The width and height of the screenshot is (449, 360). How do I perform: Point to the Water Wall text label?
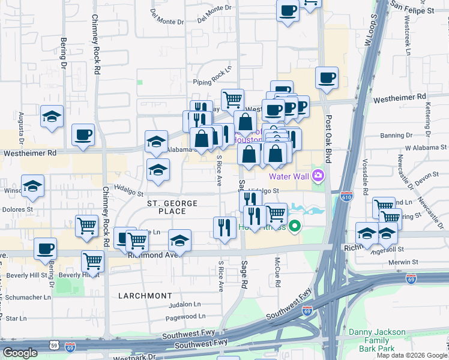click(x=289, y=176)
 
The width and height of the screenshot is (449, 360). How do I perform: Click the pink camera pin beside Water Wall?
click(x=318, y=176)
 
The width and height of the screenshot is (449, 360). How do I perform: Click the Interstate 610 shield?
click(x=346, y=196)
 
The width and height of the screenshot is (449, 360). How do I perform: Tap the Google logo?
click(x=20, y=353)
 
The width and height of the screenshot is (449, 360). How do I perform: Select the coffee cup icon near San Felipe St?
click(x=288, y=10)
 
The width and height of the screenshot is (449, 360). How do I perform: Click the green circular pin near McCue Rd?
click(x=294, y=227)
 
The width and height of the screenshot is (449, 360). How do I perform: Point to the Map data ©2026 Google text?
click(x=411, y=355)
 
